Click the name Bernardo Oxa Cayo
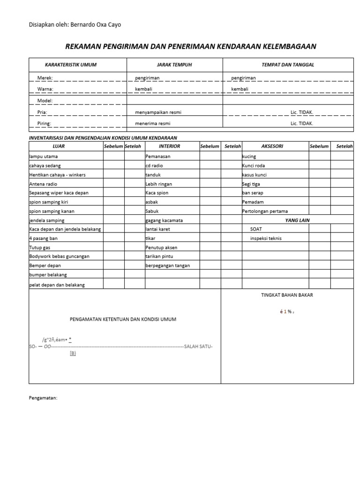95,24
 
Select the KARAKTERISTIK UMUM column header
70,65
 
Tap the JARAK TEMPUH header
174,65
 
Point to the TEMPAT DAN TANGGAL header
288,65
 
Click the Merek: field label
45,77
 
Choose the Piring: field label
44,124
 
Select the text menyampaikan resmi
158,112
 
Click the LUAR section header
59,146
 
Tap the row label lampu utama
43,157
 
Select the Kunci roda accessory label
254,165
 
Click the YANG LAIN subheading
297,220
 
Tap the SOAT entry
256,229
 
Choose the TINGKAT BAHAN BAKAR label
287,295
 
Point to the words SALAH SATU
199,346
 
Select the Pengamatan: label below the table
43,397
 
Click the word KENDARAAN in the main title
240,46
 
